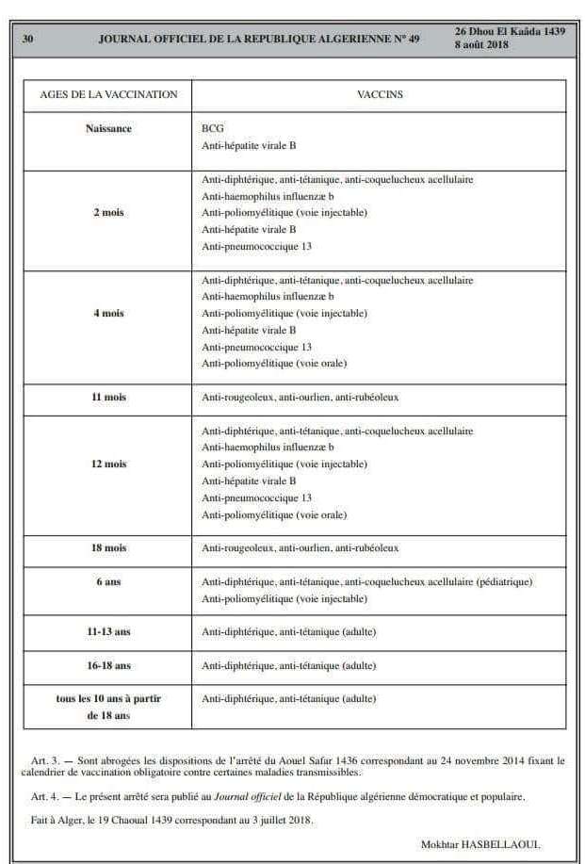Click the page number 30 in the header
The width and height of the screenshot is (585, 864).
(28, 39)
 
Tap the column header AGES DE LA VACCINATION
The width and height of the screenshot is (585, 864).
(108, 94)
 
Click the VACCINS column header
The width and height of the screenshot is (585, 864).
(380, 94)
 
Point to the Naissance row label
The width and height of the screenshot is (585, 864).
(108, 128)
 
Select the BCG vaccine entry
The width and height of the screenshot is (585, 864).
(212, 128)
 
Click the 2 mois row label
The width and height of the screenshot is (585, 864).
(108, 213)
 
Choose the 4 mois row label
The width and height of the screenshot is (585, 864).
(108, 314)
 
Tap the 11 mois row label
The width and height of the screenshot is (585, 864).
(108, 398)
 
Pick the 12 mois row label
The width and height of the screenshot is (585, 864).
(108, 465)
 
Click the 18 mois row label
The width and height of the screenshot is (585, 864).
(108, 548)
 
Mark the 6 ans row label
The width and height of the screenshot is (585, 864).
(108, 582)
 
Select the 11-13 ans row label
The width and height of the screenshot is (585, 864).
(108, 632)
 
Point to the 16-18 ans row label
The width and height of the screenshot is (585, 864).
(108, 666)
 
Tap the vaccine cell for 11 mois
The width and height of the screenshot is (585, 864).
(301, 398)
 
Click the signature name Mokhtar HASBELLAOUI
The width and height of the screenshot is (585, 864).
(480, 844)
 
